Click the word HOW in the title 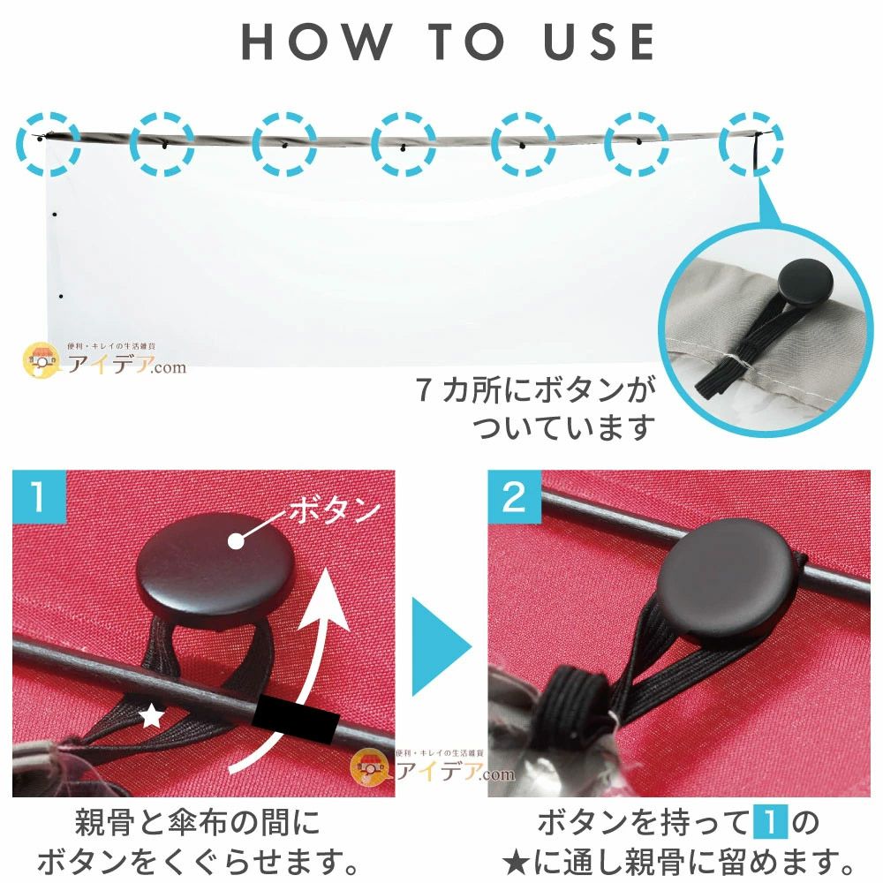click(316, 42)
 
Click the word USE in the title click(600, 42)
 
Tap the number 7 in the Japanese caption click(425, 389)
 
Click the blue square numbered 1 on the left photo click(39, 496)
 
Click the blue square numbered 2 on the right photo click(514, 496)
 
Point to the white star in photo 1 click(152, 716)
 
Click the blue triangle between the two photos click(441, 646)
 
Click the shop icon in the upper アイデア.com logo click(42, 361)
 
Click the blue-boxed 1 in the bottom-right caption click(770, 823)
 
